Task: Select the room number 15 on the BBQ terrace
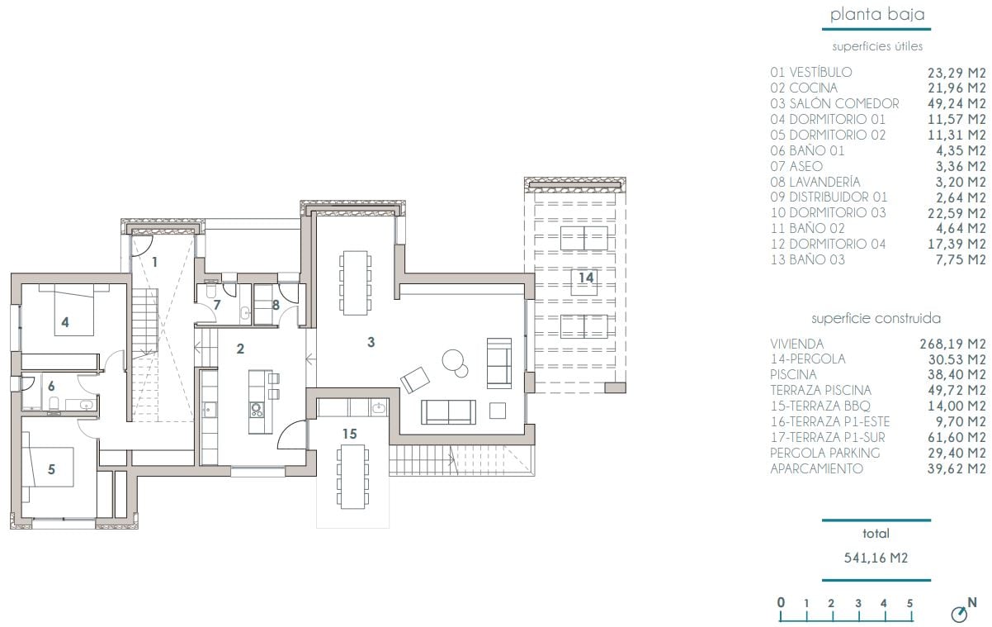(x=350, y=433)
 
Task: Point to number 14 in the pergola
(x=585, y=278)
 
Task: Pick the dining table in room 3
(x=355, y=283)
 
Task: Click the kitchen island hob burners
(x=256, y=408)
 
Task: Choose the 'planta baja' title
(x=876, y=14)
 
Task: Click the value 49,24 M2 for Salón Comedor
(x=957, y=103)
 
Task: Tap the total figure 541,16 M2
(x=876, y=558)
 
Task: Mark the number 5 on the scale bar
(x=909, y=603)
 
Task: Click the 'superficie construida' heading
(x=876, y=318)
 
